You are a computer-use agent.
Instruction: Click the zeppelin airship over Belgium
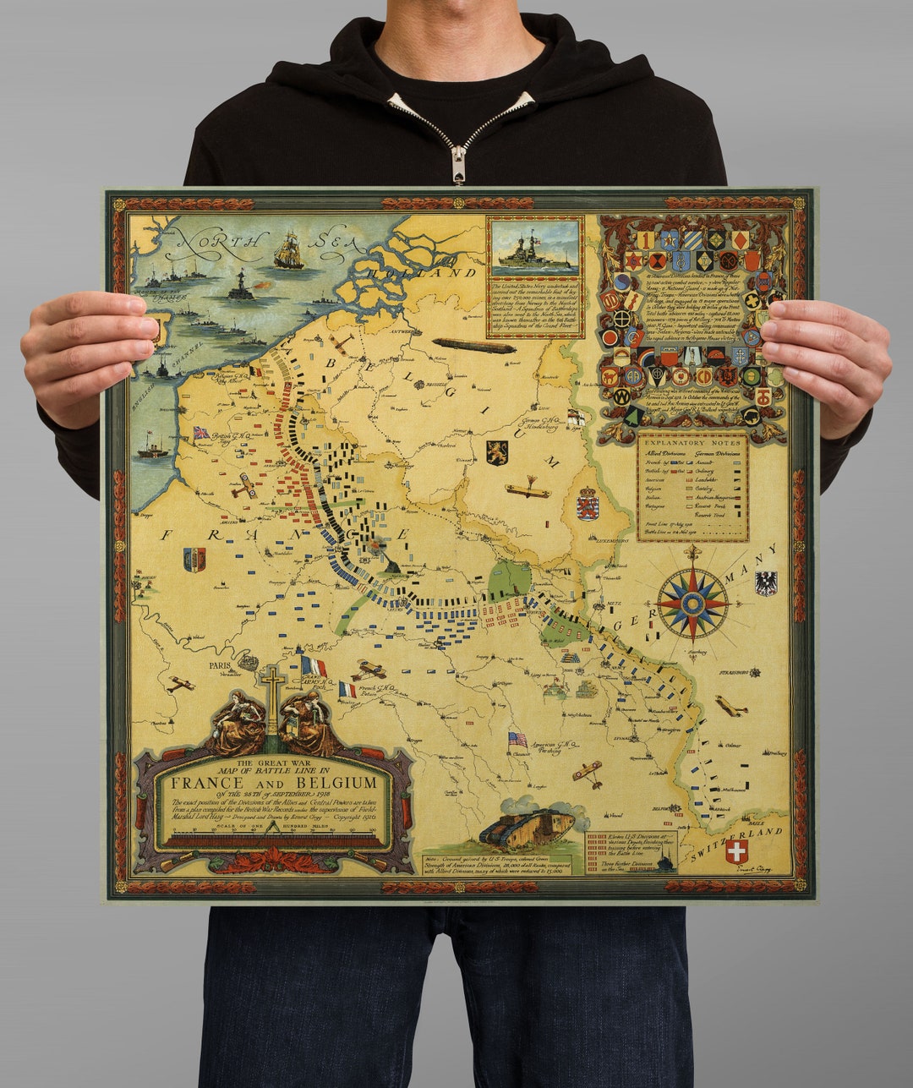click(473, 346)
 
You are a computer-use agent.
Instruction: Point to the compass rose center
click(692, 603)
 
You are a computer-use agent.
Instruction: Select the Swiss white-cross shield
click(736, 851)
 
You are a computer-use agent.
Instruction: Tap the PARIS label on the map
click(220, 664)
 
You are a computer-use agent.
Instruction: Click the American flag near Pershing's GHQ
click(517, 739)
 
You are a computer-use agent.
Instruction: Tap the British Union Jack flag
click(201, 433)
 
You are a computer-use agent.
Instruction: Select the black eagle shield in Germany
click(765, 582)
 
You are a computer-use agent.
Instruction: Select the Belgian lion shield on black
click(497, 452)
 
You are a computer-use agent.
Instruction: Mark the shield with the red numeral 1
click(644, 240)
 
